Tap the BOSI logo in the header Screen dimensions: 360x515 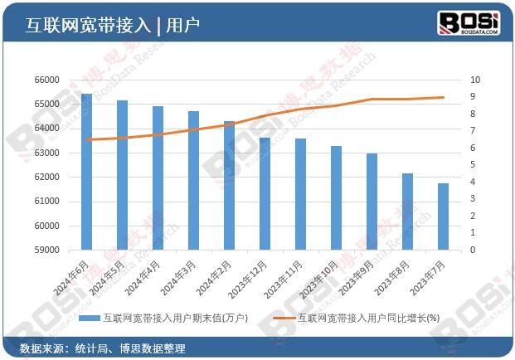(x=469, y=22)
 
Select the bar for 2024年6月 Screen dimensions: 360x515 (x=86, y=172)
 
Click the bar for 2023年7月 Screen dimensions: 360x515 (x=443, y=216)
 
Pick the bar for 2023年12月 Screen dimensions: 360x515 (x=265, y=193)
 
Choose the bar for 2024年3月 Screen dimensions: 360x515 (x=193, y=180)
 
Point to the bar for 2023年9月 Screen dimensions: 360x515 (x=372, y=202)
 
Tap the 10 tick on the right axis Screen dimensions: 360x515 (x=475, y=80)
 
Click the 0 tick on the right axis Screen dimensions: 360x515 (x=473, y=250)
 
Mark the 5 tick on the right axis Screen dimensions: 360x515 (x=473, y=165)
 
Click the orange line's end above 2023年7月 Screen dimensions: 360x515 (x=443, y=97)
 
